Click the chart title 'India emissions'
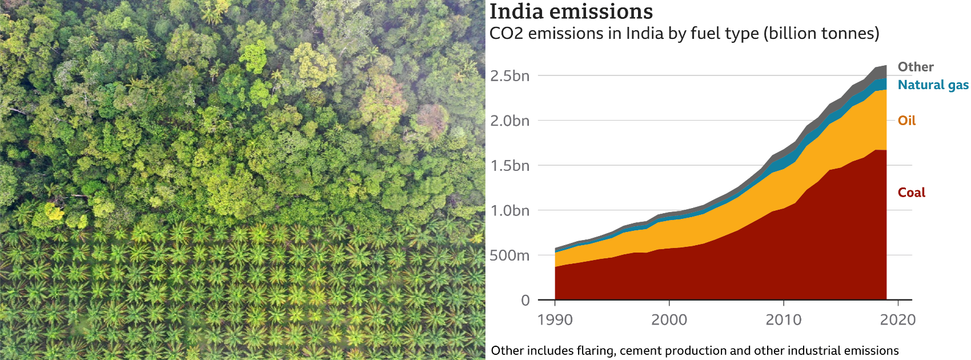[571, 11]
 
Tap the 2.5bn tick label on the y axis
[509, 76]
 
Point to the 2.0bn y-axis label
[509, 121]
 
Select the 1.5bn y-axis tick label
[509, 166]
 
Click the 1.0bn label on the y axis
[509, 211]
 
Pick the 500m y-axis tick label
[509, 255]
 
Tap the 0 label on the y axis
[525, 301]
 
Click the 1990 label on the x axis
[555, 319]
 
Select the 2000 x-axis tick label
[669, 319]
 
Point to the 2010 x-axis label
[783, 319]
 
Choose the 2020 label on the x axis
[897, 319]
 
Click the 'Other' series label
[916, 67]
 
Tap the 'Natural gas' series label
[933, 85]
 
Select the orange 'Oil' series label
[906, 121]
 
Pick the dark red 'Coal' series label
[911, 193]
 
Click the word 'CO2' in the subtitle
[506, 34]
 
